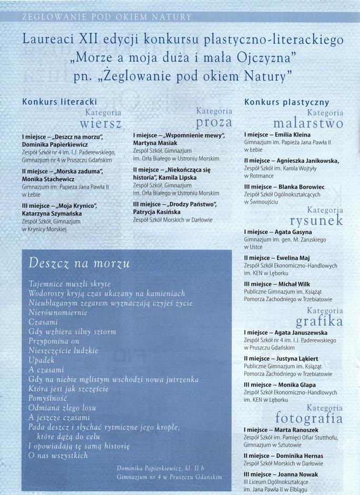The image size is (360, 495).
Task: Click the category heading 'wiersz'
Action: click(x=101, y=125)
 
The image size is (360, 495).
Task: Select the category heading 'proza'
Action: click(x=214, y=122)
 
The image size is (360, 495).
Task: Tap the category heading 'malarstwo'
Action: click(x=308, y=123)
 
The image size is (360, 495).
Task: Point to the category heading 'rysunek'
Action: click(x=316, y=221)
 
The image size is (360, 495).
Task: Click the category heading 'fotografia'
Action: click(x=309, y=418)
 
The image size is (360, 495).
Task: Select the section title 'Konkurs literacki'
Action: click(x=59, y=102)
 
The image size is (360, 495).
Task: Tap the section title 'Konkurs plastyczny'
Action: click(x=286, y=102)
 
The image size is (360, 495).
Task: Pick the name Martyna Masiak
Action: click(x=155, y=143)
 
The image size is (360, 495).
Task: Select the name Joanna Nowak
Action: click(x=299, y=474)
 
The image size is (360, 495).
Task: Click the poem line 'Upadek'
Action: click(x=42, y=360)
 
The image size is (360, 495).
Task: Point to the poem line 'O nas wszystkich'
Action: click(x=58, y=456)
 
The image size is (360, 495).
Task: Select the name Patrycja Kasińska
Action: click(x=157, y=212)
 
